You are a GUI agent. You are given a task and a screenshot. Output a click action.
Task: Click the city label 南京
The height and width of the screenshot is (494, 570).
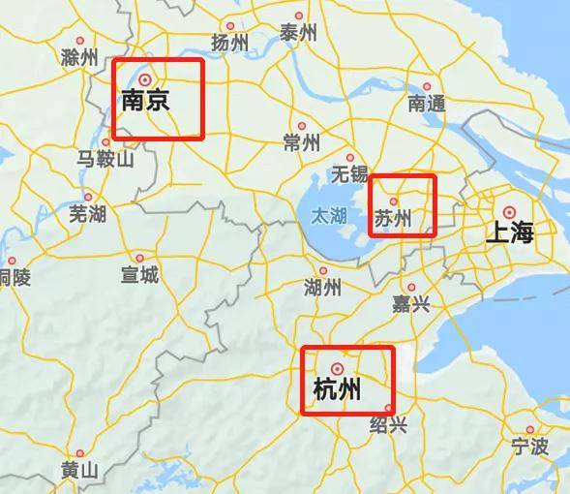coord(145,100)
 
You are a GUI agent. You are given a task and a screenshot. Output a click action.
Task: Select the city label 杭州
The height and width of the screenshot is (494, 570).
coord(338,389)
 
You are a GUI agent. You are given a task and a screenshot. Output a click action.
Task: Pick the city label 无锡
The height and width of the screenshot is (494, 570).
coord(349,174)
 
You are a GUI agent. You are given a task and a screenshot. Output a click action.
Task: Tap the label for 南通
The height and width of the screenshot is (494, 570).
coord(427,103)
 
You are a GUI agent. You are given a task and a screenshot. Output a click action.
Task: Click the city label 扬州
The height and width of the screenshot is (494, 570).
coord(229,43)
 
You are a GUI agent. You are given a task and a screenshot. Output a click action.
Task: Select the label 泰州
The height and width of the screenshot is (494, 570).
coord(299,33)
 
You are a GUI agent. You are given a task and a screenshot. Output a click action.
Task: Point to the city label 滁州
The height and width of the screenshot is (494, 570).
coord(79,57)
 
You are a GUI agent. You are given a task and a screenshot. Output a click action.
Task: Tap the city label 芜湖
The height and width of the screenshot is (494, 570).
coord(88,214)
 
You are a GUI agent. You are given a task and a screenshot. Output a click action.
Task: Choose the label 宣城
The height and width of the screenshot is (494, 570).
coord(139,276)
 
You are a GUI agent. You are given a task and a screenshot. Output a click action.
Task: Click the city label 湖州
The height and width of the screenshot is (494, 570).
coord(322,288)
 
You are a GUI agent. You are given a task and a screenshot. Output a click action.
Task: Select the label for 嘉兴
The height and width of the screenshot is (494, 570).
coord(410,305)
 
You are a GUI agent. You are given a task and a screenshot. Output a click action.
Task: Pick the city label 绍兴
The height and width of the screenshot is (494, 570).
coord(389,425)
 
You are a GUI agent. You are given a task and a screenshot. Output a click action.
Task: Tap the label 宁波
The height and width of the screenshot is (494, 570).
coord(529,447)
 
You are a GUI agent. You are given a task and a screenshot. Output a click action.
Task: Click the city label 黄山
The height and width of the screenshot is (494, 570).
coord(80,471)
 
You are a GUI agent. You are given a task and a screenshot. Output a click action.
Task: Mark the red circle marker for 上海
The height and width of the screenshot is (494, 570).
coord(509,211)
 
